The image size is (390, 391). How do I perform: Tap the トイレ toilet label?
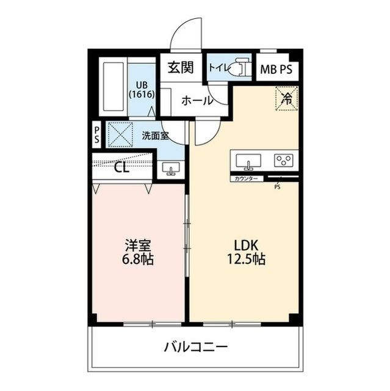click(x=218, y=68)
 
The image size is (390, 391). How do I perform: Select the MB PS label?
click(x=276, y=69)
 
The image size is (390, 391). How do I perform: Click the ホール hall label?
click(x=197, y=100)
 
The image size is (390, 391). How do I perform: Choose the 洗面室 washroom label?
click(x=155, y=136)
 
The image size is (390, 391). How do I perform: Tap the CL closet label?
click(x=122, y=167)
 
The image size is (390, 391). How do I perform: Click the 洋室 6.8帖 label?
click(x=139, y=251)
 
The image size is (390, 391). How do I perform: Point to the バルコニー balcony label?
click(x=195, y=348)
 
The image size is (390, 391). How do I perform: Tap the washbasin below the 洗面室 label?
click(x=170, y=169)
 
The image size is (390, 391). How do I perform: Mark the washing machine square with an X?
click(x=120, y=134)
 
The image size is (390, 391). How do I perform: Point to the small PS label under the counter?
click(x=277, y=187)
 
